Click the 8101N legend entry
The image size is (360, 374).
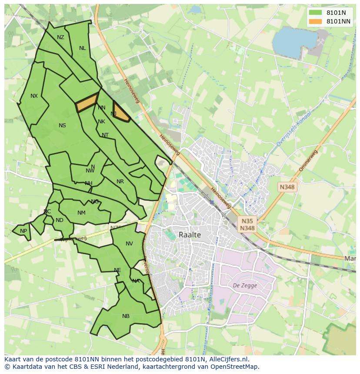point(329,13)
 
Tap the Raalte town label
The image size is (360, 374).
point(190,235)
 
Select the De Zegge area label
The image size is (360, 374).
point(245,285)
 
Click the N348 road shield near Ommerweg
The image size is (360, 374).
point(287,187)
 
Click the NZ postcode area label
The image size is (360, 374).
point(60,37)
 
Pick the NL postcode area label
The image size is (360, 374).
point(82,48)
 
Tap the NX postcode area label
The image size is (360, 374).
point(34,96)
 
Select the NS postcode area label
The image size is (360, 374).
point(62,126)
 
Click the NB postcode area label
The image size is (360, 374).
point(126,316)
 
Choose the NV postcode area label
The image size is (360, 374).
point(129,244)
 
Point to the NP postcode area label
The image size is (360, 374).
point(23,231)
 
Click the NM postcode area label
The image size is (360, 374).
point(81,213)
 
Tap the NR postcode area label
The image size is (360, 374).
point(120,182)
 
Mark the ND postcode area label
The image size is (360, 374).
point(60,220)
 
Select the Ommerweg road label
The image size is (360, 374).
point(309,160)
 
